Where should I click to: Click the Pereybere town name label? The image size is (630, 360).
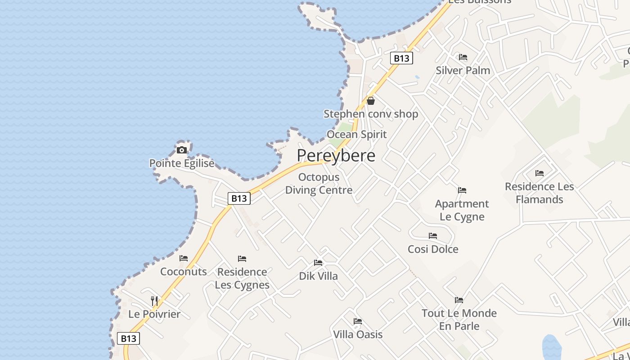coord(336,156)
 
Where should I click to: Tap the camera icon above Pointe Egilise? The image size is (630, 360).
coord(182,150)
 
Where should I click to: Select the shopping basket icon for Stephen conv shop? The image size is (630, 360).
coord(371,101)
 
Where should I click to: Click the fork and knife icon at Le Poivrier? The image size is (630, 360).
coord(154,301)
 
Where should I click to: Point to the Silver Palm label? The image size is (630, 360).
coord(463,70)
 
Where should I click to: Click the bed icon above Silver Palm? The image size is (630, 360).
coord(463,57)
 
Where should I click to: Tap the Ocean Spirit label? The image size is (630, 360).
coord(356,134)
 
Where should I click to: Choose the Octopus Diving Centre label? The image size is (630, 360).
coord(319,184)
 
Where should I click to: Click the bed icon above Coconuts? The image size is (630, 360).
coord(184,258)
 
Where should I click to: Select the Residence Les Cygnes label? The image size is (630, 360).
coord(242,278)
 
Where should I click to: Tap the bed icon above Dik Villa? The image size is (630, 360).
coord(318,263)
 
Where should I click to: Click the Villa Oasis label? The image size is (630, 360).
coord(358,334)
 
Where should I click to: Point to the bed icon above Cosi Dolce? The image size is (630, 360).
coord(433,236)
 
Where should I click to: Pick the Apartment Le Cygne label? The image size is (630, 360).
coord(462,210)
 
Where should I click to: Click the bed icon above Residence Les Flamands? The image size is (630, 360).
coord(540,173)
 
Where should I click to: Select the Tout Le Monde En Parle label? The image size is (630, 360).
coord(459,319)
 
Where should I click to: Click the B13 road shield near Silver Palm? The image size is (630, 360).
coord(401,58)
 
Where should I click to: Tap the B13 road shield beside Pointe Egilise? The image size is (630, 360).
coord(239,198)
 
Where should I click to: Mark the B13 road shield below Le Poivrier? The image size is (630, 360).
coord(129,338)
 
